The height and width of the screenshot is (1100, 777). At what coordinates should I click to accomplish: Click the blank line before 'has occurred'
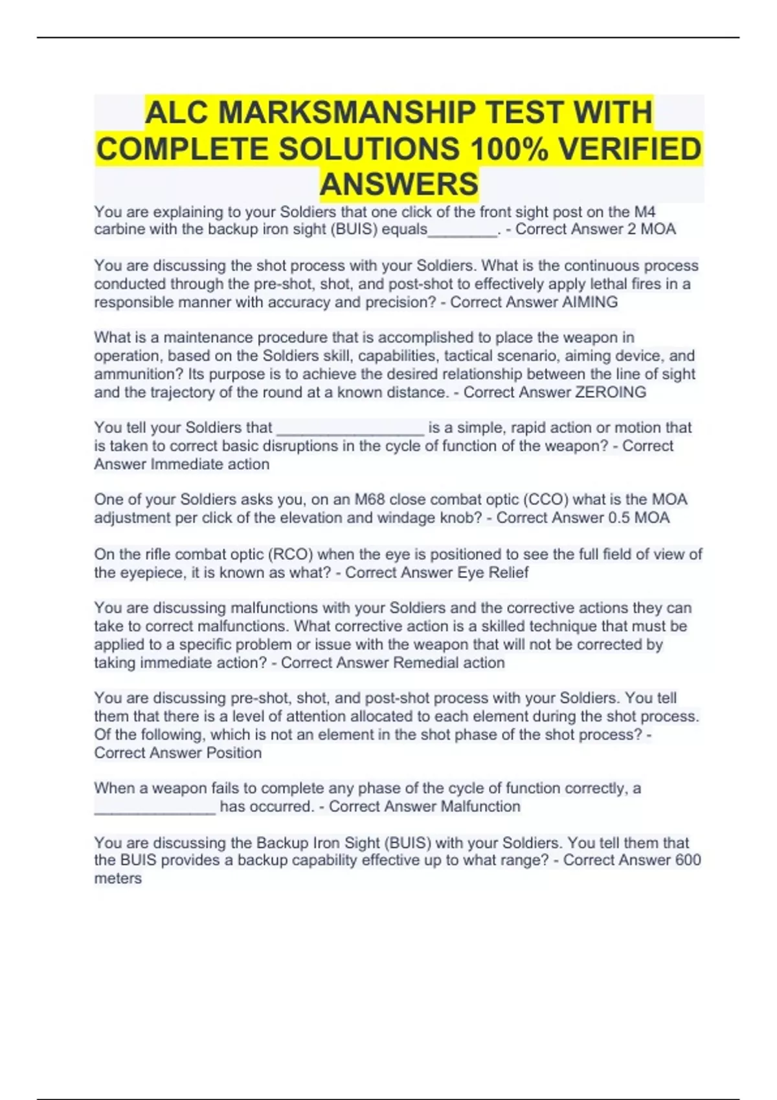[155, 808]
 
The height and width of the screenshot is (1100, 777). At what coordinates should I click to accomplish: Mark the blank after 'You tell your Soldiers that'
[350, 429]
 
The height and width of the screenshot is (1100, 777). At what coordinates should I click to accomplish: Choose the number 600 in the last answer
[688, 860]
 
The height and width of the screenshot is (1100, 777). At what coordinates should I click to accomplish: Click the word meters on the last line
[118, 878]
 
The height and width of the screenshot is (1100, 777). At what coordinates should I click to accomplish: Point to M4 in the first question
[644, 212]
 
